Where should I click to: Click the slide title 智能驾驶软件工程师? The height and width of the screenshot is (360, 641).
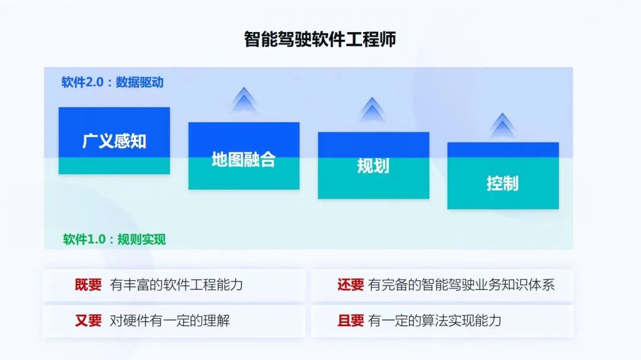pyautogui.click(x=320, y=40)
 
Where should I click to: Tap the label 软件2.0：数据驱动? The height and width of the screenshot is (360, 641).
pyautogui.click(x=112, y=82)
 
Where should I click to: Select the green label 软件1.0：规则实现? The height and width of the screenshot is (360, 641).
pyautogui.click(x=114, y=239)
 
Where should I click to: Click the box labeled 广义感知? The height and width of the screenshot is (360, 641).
pyautogui.click(x=114, y=141)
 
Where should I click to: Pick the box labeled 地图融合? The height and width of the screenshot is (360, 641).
pyautogui.click(x=244, y=156)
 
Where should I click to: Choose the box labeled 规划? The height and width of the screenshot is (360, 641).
pyautogui.click(x=374, y=165)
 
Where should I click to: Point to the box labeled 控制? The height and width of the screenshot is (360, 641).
pyautogui.click(x=503, y=176)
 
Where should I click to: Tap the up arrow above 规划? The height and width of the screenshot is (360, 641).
pyautogui.click(x=372, y=109)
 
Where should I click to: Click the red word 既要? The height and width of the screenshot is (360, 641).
pyautogui.click(x=88, y=285)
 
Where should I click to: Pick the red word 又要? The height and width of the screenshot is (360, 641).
pyautogui.click(x=88, y=321)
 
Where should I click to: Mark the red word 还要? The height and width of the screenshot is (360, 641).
pyautogui.click(x=350, y=285)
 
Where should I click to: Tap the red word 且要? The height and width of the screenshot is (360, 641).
pyautogui.click(x=350, y=321)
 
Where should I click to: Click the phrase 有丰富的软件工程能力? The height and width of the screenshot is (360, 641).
pyautogui.click(x=176, y=285)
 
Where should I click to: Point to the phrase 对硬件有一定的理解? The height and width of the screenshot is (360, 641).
pyautogui.click(x=170, y=321)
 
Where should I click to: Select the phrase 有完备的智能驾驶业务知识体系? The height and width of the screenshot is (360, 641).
pyautogui.click(x=462, y=285)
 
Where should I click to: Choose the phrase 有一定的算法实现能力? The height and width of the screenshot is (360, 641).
pyautogui.click(x=434, y=321)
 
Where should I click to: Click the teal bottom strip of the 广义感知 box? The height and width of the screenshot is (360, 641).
pyautogui.click(x=114, y=166)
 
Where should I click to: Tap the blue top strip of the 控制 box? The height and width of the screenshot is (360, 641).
pyautogui.click(x=503, y=150)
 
